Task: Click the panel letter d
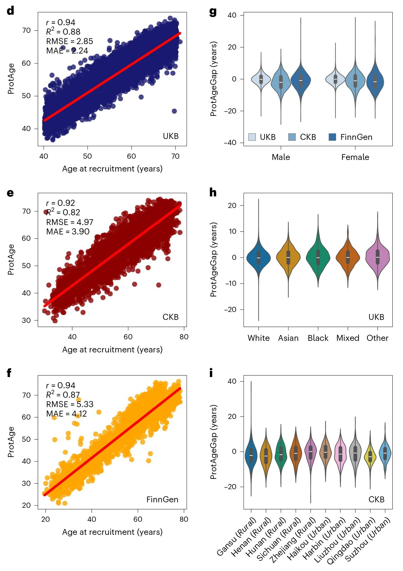click(10, 11)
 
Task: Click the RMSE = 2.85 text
click(69, 41)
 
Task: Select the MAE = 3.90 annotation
click(68, 232)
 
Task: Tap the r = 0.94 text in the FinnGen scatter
click(61, 386)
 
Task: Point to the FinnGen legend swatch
click(332, 137)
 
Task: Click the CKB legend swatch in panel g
click(292, 137)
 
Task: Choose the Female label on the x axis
click(355, 157)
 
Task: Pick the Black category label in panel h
click(318, 338)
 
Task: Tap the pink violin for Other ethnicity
click(377, 257)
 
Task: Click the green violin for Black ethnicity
click(318, 257)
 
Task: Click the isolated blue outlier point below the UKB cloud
click(174, 111)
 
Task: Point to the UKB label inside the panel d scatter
click(171, 136)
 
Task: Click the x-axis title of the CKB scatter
click(112, 350)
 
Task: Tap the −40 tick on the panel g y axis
click(230, 143)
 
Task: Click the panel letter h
click(213, 192)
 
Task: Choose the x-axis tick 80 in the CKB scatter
click(184, 337)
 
